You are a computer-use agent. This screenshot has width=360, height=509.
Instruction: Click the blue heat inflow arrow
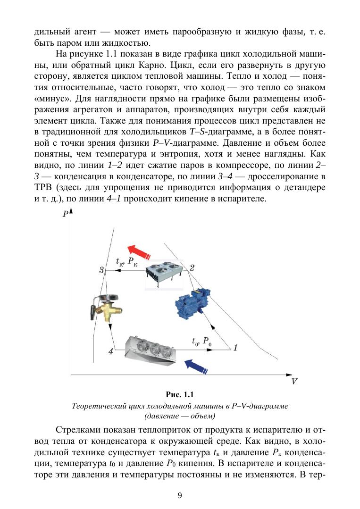(197, 365)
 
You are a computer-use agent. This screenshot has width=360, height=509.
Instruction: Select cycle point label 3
(101, 270)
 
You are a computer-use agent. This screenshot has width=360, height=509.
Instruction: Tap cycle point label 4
(110, 351)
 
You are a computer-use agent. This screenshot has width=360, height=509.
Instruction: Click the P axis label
(65, 215)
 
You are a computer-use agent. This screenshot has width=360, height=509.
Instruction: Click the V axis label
(294, 381)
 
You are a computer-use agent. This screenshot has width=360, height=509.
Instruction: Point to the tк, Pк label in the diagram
(127, 262)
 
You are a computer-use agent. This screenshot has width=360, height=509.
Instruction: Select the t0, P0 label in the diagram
(201, 341)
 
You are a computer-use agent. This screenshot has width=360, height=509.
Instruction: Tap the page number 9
(180, 495)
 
